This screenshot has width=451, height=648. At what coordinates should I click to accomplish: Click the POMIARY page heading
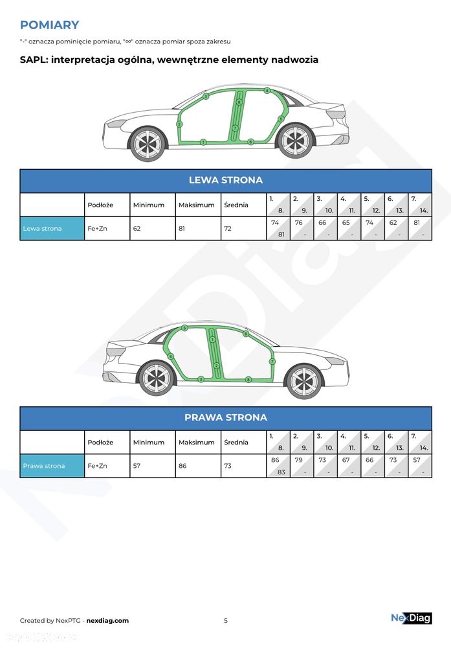click(x=50, y=25)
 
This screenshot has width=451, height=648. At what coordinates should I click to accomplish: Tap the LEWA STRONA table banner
click(x=226, y=180)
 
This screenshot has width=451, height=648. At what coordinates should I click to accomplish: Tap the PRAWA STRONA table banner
click(x=226, y=417)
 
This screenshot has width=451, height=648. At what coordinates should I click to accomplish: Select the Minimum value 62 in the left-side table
click(x=137, y=229)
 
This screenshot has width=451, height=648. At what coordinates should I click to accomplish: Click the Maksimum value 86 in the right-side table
click(x=182, y=466)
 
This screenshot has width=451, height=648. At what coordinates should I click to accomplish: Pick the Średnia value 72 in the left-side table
click(x=228, y=229)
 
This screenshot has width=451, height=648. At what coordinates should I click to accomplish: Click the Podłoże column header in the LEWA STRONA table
click(x=100, y=205)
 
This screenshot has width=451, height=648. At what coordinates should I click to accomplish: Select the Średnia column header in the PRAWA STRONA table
click(x=236, y=442)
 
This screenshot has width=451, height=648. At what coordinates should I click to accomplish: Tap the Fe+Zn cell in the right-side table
click(x=97, y=466)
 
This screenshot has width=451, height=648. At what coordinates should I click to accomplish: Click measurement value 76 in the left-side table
click(x=299, y=223)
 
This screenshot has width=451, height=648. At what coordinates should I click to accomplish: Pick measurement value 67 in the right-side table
click(x=346, y=460)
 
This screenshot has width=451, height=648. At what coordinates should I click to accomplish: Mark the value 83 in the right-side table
click(x=281, y=472)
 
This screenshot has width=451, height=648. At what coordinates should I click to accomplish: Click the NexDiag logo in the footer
click(x=412, y=618)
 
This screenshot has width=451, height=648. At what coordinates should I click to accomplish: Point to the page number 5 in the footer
click(x=226, y=620)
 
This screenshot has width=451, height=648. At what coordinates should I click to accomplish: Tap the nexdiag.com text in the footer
click(x=107, y=620)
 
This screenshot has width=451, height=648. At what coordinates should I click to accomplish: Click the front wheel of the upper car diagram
click(x=148, y=144)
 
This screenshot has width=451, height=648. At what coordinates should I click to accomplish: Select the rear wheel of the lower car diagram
click(x=157, y=378)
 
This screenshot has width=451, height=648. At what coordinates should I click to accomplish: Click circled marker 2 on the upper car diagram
click(x=179, y=124)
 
